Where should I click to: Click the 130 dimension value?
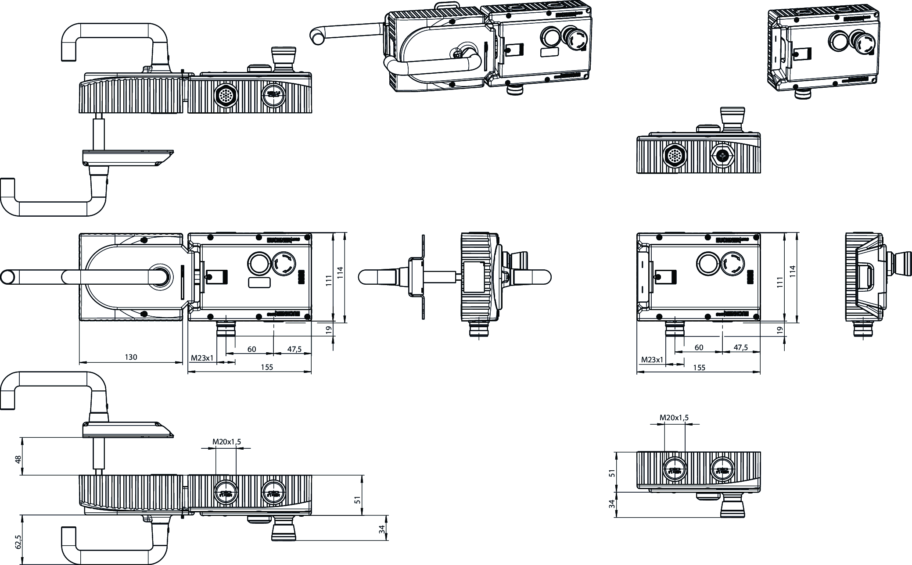coord(131,357)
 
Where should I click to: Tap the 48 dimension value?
coord(18,459)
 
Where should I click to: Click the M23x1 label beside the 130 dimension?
coord(202,358)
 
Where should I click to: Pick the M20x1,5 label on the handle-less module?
coord(674,418)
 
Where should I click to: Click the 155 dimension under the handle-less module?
coord(699,368)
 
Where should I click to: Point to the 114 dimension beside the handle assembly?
coord(340,273)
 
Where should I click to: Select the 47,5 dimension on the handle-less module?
coord(740,347)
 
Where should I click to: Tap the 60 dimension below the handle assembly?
coord(251,349)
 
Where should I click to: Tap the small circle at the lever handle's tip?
coord(7,277)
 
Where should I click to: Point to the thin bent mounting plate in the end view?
coord(424,277)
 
